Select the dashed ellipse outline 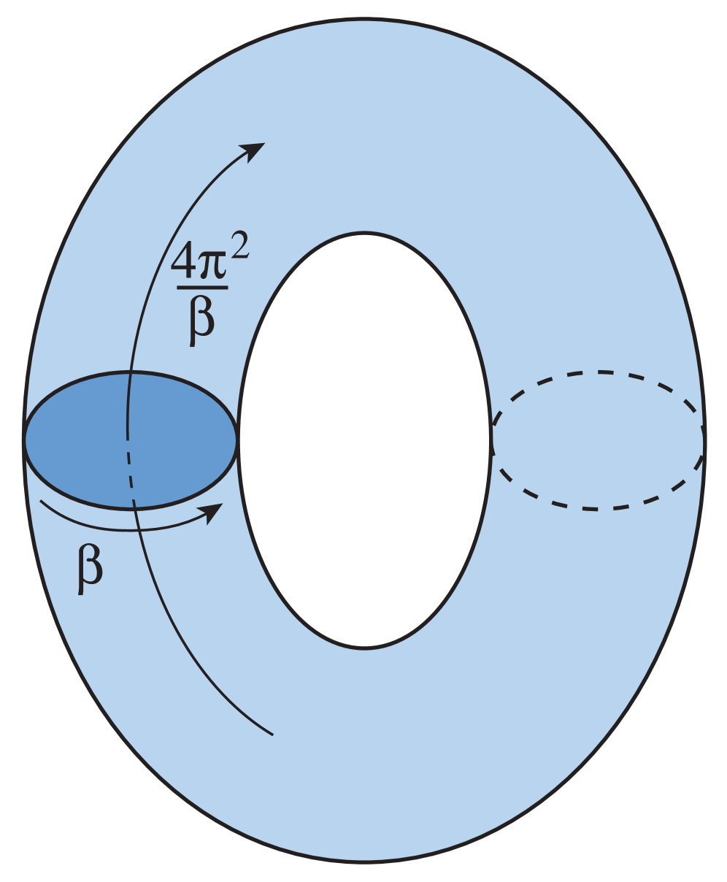(x=599, y=373)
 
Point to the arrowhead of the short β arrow (x=213, y=512)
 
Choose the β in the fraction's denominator (x=202, y=317)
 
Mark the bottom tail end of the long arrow (x=272, y=733)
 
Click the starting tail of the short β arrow (x=41, y=502)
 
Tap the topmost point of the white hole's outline (x=363, y=234)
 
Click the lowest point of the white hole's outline (x=363, y=647)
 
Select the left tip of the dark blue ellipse (x=26, y=440)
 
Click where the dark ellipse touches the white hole (x=237, y=440)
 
